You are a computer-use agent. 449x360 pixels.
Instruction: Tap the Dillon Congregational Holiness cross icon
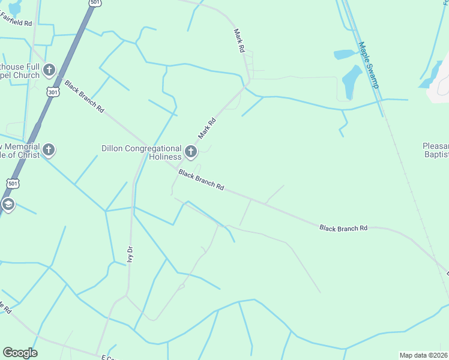[x=191, y=152]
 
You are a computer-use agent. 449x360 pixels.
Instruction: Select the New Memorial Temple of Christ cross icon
[x=49, y=150]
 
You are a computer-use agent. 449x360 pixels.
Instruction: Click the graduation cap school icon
[x=8, y=205]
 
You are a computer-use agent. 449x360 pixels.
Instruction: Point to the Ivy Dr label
[x=130, y=254]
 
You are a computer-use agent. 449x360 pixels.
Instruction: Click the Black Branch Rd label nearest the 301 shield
[x=84, y=97]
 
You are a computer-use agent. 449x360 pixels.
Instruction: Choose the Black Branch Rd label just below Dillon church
[x=201, y=179]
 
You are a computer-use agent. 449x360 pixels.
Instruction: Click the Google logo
[x=20, y=353]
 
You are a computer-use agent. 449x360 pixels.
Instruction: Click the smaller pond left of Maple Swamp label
[x=344, y=55]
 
